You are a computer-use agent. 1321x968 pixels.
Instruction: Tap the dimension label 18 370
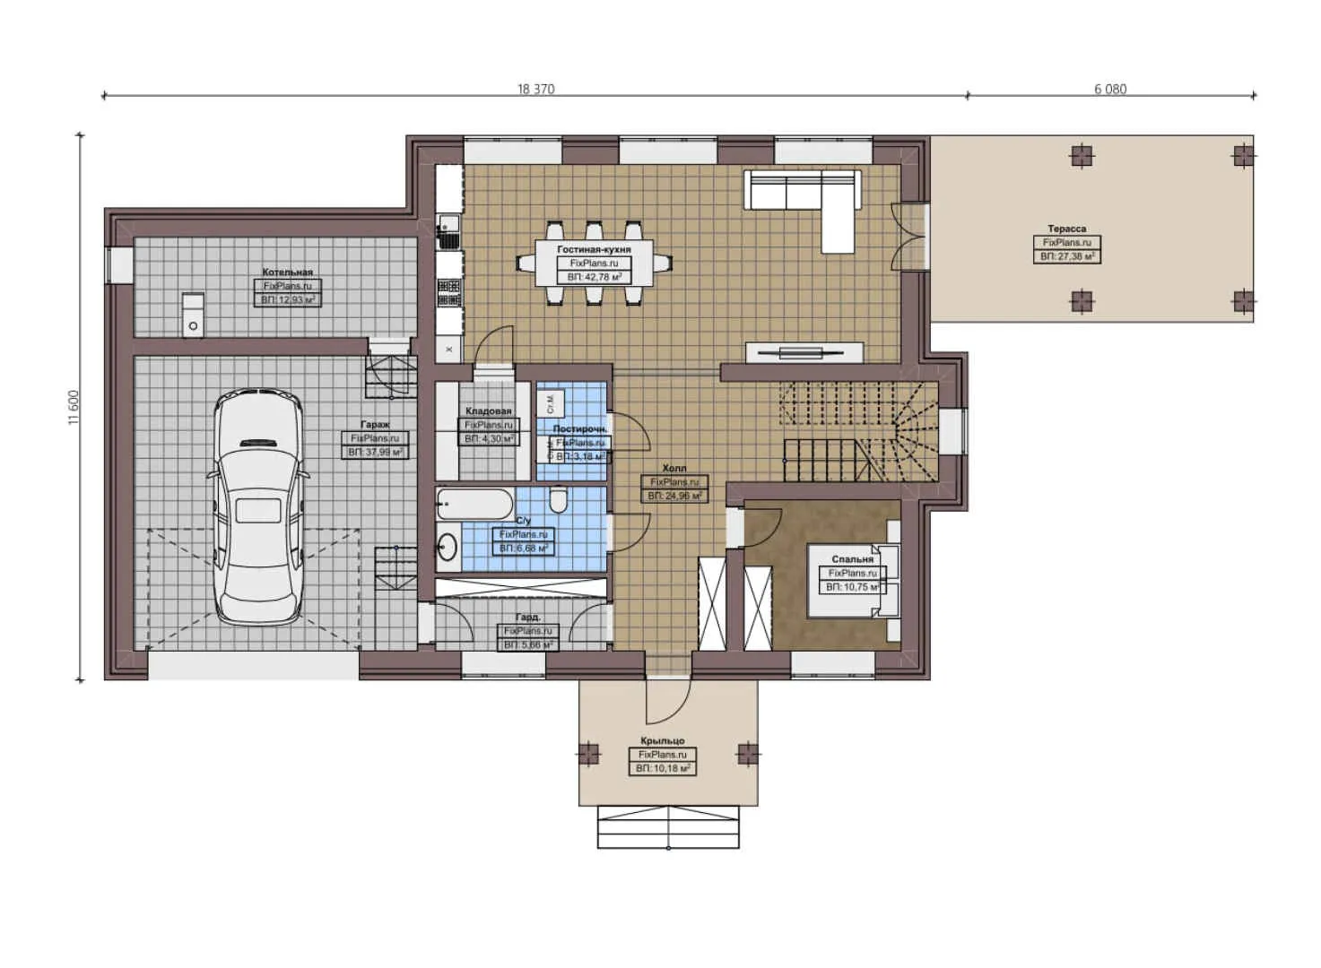[535, 89]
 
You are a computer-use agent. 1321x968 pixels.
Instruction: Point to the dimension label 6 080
[1109, 89]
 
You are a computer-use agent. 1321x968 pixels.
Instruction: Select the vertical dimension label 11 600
[74, 407]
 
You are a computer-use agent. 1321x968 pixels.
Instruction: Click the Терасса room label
[1065, 229]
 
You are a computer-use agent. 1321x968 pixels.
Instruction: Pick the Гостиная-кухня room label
[594, 249]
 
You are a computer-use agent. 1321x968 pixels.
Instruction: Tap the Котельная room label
[287, 272]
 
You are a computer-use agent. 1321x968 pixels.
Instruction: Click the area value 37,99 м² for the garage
[375, 453]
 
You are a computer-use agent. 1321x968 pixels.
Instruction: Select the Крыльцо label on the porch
[662, 740]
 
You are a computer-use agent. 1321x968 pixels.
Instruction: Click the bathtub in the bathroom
[475, 505]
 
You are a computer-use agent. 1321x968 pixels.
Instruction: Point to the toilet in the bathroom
[558, 499]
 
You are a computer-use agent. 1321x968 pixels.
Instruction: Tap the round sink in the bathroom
[448, 546]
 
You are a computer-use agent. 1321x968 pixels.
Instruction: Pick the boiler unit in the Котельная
[193, 315]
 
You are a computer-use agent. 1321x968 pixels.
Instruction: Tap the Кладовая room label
[488, 411]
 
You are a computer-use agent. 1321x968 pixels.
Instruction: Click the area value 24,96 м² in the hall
[674, 496]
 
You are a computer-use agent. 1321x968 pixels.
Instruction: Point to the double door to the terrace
[908, 236]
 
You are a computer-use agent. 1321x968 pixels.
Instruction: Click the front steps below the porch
[668, 826]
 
